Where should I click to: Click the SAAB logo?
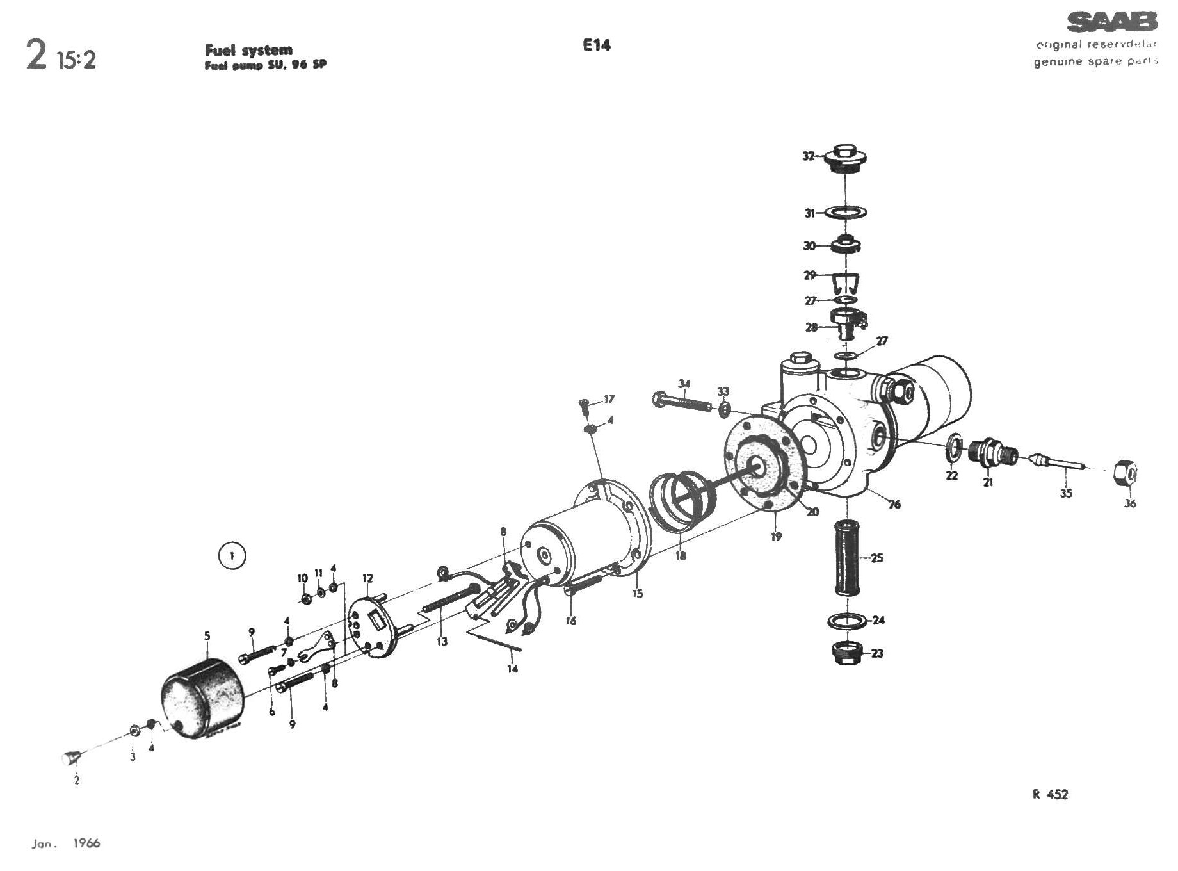[x=1111, y=22]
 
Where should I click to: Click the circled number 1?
[x=232, y=556]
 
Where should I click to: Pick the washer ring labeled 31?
[x=846, y=211]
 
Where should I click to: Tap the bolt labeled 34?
[x=682, y=403]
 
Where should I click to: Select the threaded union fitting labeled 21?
[x=992, y=454]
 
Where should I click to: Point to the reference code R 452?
[x=1050, y=795]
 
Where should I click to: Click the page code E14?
[x=596, y=45]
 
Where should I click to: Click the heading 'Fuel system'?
[x=248, y=50]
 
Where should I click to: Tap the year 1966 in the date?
[x=86, y=843]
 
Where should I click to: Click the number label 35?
[x=1065, y=493]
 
